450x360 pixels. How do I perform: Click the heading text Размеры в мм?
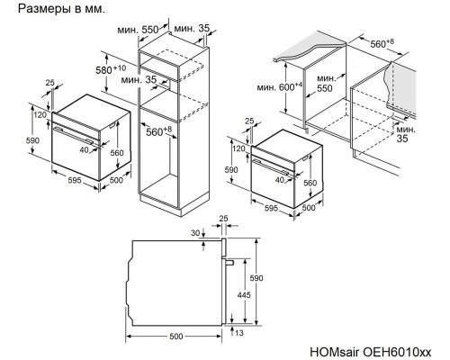pos(61,9)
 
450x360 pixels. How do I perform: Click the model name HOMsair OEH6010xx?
pos(371,352)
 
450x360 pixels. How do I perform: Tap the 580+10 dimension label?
pos(111,69)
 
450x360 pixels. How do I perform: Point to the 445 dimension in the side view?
pos(244,295)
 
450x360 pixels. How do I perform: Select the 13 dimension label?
pos(239,333)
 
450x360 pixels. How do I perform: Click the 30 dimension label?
pos(195,233)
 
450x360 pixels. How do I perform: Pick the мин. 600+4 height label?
pos(280,87)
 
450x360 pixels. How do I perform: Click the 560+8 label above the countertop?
pos(382,43)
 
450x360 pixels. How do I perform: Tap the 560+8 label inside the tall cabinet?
pos(158,131)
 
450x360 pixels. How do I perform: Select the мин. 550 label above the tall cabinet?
pos(138,30)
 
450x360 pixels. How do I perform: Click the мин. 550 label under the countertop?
pos(325,84)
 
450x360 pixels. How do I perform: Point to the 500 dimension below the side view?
pos(176,337)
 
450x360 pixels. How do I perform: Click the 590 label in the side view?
pos(256,278)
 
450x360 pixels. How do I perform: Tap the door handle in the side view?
pos(229,262)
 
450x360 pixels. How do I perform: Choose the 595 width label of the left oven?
pos(75,180)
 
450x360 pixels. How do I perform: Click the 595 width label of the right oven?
pos(271,208)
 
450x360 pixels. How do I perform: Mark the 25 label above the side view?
pos(223,219)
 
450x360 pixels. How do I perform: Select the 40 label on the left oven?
pos(85,149)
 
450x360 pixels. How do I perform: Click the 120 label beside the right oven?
pos(238,148)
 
